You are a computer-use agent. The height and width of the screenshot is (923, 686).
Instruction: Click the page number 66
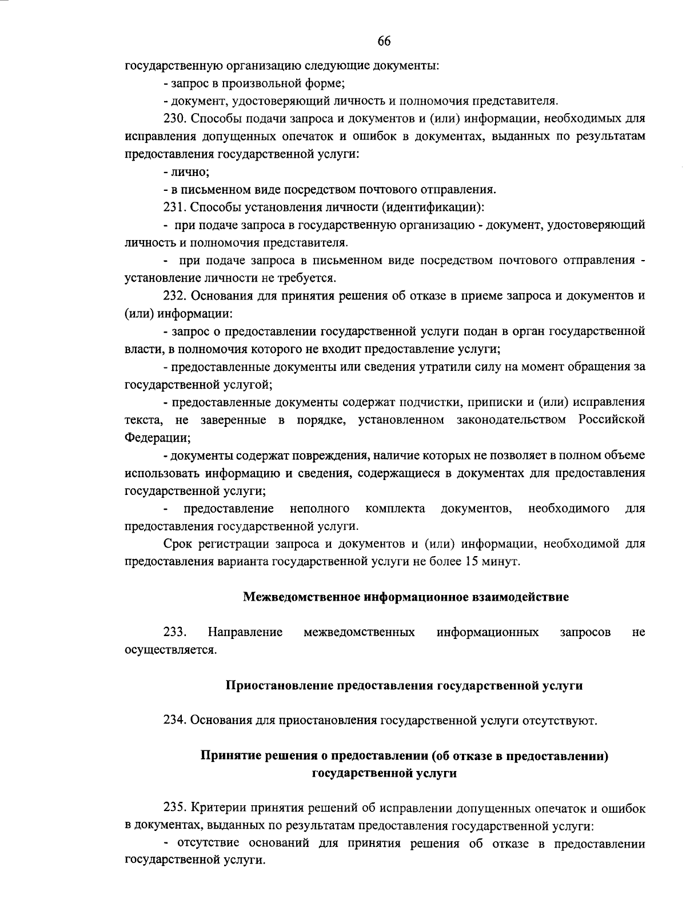384,41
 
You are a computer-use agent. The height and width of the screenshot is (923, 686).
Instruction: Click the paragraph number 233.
175,632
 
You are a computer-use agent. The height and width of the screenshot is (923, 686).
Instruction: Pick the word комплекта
395,508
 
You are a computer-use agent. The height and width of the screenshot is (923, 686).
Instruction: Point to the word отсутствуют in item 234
560,720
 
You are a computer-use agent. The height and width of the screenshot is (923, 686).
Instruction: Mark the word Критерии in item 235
216,809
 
